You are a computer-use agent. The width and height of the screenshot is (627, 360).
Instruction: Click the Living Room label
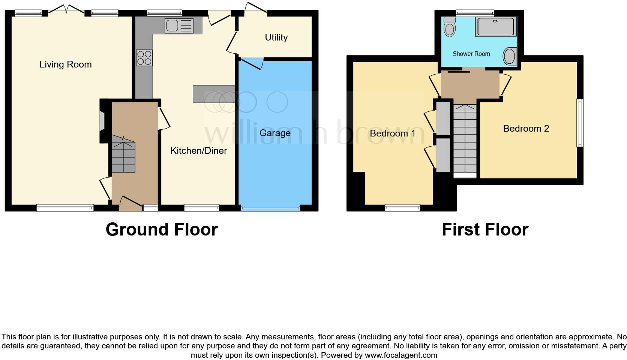[x=66, y=64]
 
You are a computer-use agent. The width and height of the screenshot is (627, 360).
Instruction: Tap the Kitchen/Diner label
[x=199, y=151]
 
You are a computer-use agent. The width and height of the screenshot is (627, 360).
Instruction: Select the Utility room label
[x=276, y=37]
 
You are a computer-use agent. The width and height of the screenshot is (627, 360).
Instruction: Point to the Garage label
[x=275, y=133]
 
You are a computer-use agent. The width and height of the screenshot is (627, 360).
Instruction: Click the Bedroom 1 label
[x=392, y=133]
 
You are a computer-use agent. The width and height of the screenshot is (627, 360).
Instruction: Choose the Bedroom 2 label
[x=526, y=129]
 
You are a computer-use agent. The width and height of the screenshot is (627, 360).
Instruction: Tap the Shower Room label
[x=471, y=54]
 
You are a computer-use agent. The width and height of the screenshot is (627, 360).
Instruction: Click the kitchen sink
[x=179, y=26]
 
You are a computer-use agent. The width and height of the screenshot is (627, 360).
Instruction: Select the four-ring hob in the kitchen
[x=144, y=58]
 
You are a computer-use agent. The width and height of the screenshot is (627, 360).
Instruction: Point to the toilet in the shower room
[x=449, y=26]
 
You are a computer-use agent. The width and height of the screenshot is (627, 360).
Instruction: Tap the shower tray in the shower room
[x=495, y=27]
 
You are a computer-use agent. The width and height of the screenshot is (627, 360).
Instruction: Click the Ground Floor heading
[x=162, y=229]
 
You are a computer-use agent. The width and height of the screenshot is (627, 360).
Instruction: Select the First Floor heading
[x=485, y=229]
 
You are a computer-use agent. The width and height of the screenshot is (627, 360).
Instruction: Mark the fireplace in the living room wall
[x=102, y=121]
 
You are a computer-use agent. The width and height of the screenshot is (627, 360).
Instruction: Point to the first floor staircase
[x=465, y=139]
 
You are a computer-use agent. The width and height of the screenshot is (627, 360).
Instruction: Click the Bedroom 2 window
[x=580, y=123]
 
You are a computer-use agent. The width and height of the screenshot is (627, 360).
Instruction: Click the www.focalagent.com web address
[x=401, y=355]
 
